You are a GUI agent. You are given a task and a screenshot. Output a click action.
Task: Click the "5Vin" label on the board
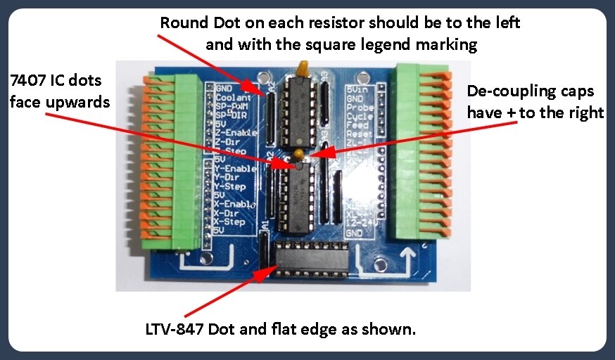(x=358, y=89)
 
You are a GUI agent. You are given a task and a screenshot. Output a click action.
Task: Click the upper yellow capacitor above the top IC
(x=305, y=68)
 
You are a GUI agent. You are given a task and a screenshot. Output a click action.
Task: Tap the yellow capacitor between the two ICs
(x=299, y=153)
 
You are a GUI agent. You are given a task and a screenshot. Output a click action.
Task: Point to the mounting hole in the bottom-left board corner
(x=206, y=259)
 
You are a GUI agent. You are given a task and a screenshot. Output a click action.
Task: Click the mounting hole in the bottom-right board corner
(x=381, y=264)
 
